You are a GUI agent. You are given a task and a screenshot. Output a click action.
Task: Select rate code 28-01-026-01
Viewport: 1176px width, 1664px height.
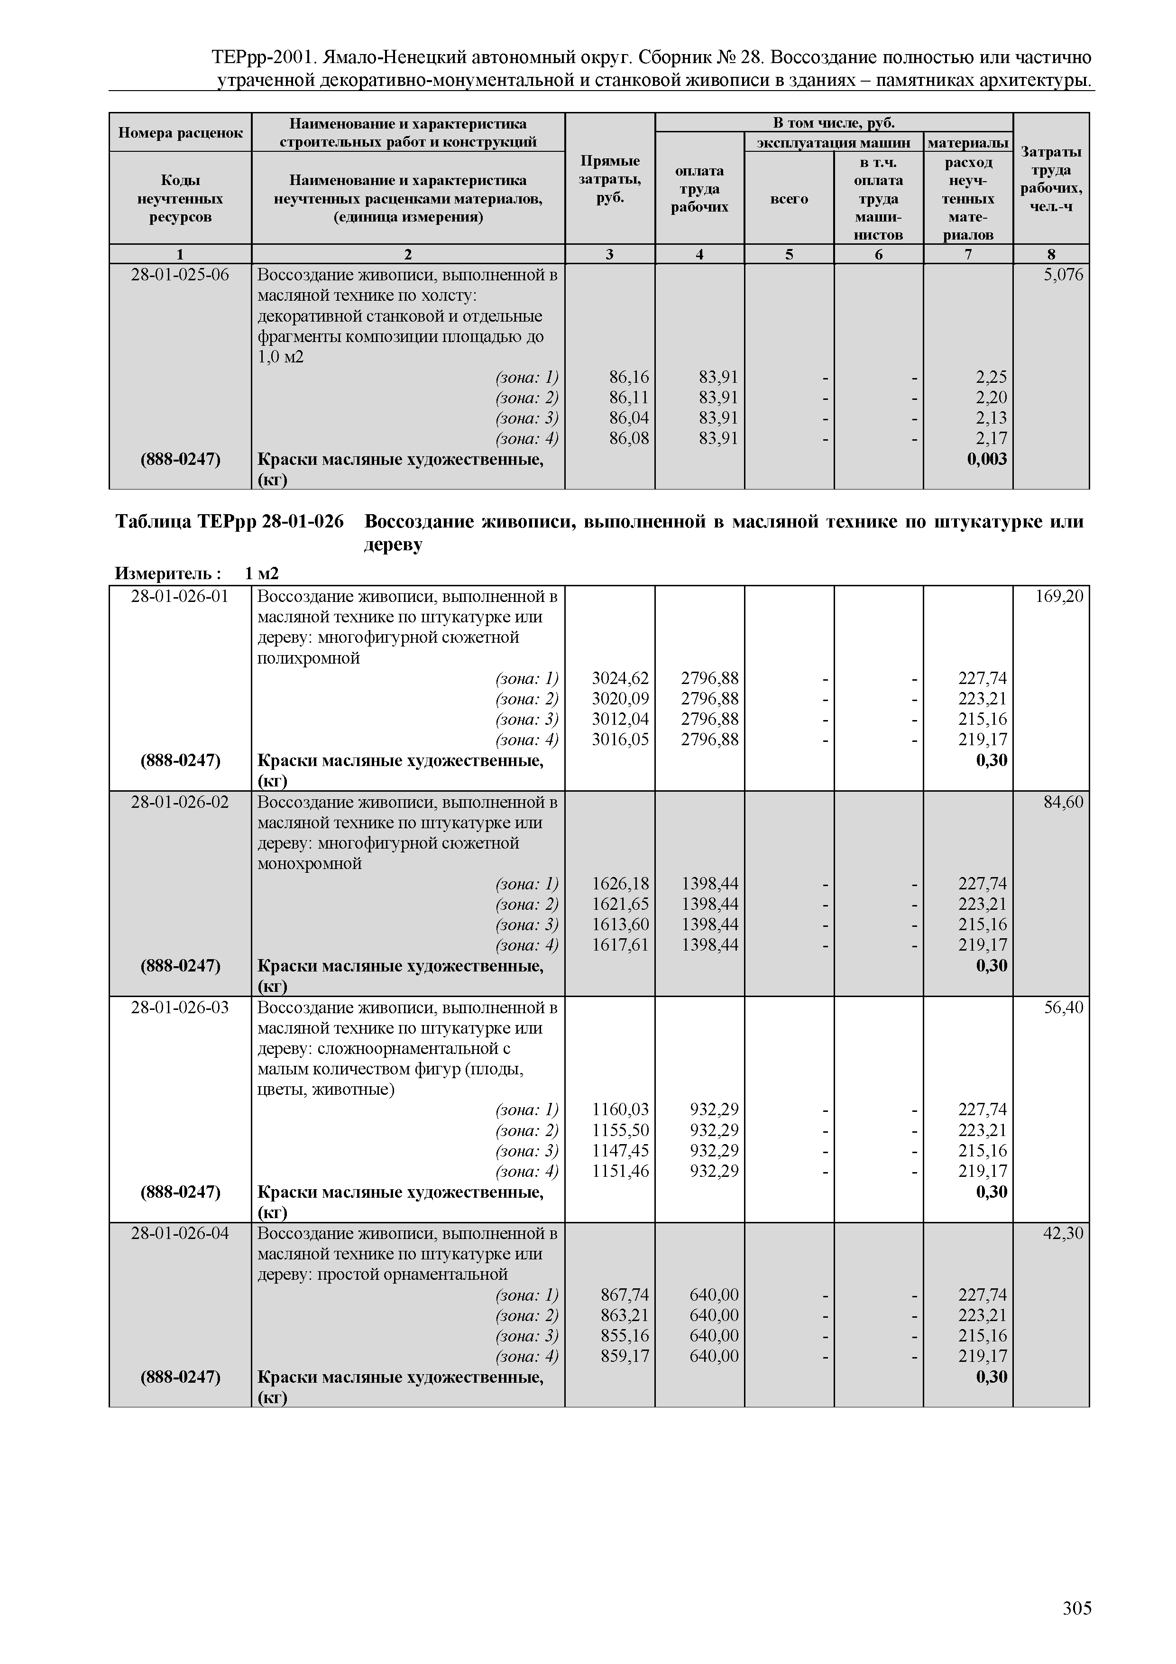click(180, 596)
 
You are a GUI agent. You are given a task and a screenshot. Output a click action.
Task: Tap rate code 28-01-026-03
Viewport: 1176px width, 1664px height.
click(180, 1008)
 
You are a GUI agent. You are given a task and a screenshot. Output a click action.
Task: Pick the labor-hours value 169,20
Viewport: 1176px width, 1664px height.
click(1059, 596)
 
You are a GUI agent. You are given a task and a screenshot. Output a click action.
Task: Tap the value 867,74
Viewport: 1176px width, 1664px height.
click(625, 1294)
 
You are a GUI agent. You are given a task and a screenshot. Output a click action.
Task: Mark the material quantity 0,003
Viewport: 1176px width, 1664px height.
click(987, 459)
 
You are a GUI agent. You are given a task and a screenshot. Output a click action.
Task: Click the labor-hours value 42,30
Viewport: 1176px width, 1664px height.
click(1063, 1233)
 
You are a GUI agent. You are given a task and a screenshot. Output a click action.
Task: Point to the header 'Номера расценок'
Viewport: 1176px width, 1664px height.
click(180, 133)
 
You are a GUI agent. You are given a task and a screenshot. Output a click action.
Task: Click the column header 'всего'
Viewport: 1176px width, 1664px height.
click(789, 199)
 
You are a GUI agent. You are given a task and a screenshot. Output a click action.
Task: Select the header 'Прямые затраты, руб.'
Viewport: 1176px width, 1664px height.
click(609, 179)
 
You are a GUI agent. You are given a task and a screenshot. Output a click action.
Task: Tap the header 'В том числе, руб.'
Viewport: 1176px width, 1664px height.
click(833, 122)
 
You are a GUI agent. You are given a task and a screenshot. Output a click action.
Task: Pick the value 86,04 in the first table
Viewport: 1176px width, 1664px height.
click(629, 418)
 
